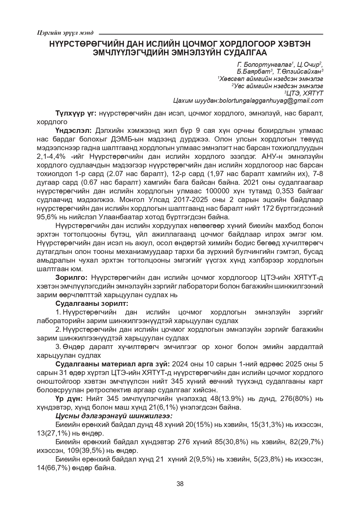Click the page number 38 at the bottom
pos(180,484)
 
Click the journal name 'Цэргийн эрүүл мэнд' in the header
pos(65,33)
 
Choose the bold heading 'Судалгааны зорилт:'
pos(92,303)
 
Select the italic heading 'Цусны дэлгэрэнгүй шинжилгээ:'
pos(114,416)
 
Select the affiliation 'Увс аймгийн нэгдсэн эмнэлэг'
pos(278,86)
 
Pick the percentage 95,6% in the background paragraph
pos(47,218)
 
